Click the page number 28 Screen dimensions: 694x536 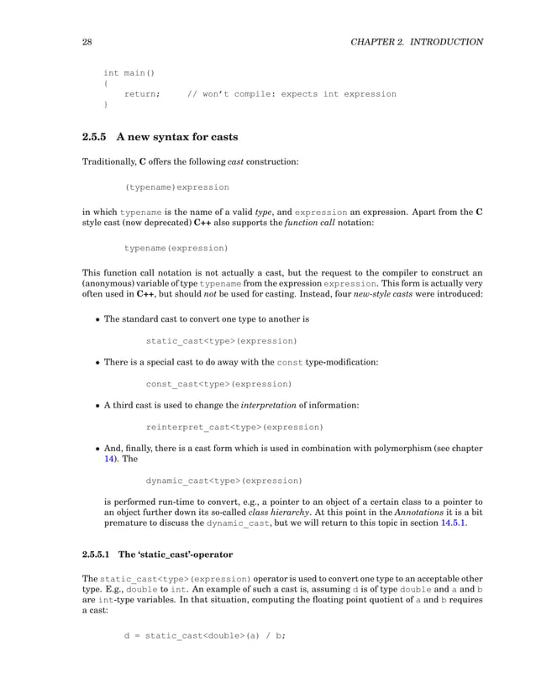point(86,42)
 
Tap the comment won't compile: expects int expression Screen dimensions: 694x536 point(292,94)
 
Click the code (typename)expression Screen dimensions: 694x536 point(176,187)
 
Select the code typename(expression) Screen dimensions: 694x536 point(176,249)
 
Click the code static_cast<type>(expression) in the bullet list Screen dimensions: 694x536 point(221,342)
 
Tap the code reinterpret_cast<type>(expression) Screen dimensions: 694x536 point(234,427)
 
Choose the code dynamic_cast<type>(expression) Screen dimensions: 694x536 point(223,481)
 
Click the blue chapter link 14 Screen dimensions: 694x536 point(108,460)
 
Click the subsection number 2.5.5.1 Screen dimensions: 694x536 point(100,555)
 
